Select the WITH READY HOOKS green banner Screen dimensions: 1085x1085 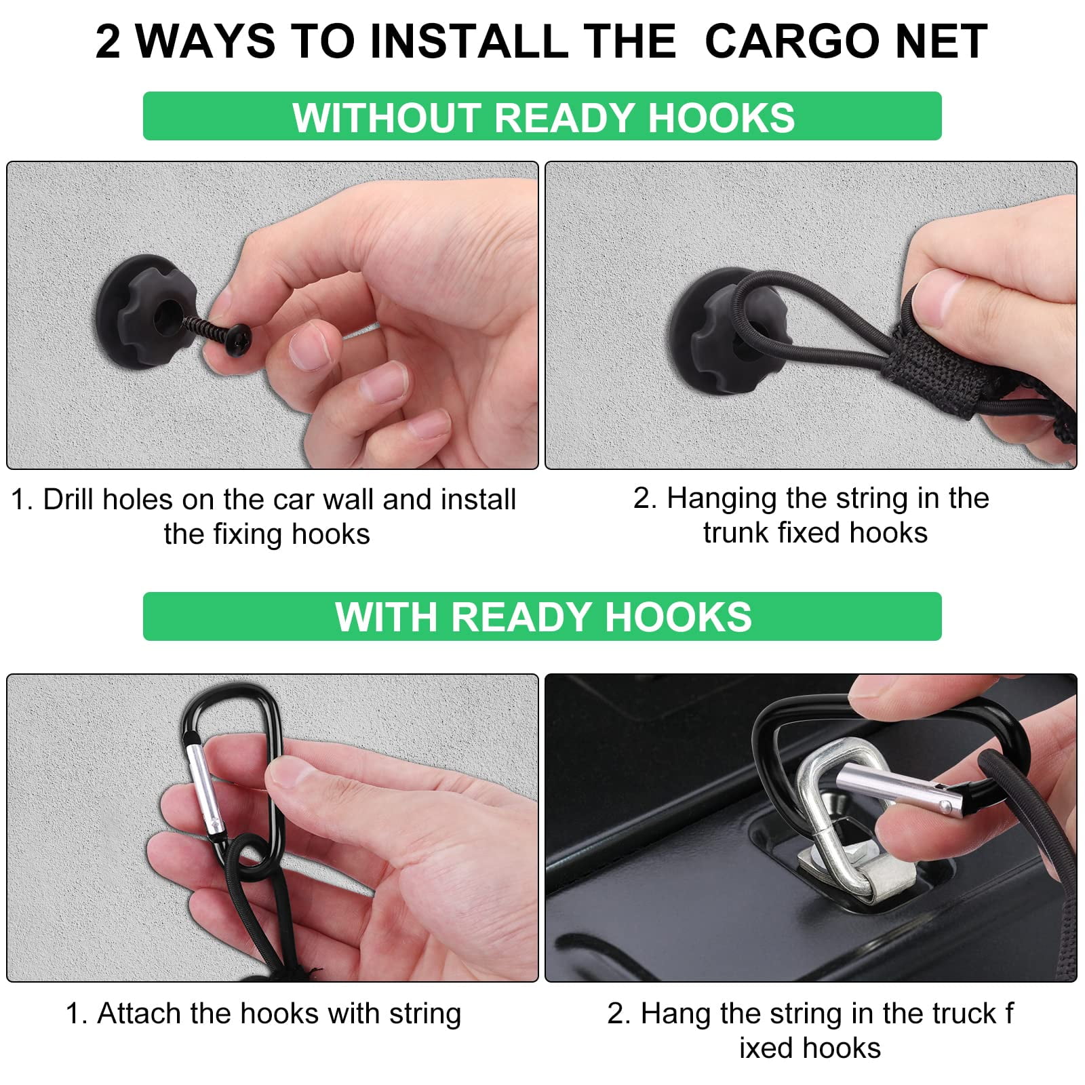point(542,616)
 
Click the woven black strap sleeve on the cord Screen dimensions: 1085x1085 point(936,353)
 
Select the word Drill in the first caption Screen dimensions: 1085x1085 point(71,500)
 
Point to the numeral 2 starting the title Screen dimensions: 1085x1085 point(108,41)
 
